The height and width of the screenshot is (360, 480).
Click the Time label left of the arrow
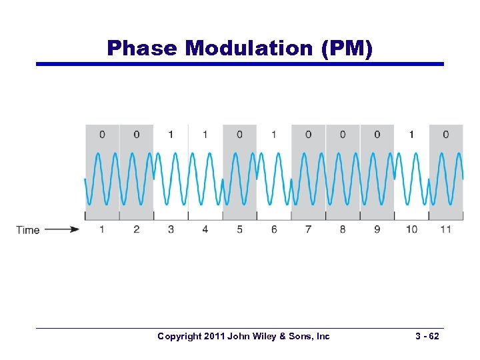point(28,230)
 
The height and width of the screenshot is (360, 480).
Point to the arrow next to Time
point(62,230)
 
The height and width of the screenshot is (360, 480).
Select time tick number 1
point(102,229)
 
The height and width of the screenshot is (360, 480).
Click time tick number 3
point(171,229)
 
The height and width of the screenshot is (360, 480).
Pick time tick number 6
point(274,229)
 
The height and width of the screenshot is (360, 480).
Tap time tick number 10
point(411,229)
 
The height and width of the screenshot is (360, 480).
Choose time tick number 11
point(445,229)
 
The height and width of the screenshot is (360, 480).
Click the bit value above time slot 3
point(171,134)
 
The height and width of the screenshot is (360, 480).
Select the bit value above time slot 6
point(274,134)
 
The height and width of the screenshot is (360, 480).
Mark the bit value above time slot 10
point(411,134)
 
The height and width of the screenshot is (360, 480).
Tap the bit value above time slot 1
point(102,134)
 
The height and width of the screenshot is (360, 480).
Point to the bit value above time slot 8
point(343,134)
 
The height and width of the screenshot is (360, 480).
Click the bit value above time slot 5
point(239,134)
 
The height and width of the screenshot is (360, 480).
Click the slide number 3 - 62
point(425,336)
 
